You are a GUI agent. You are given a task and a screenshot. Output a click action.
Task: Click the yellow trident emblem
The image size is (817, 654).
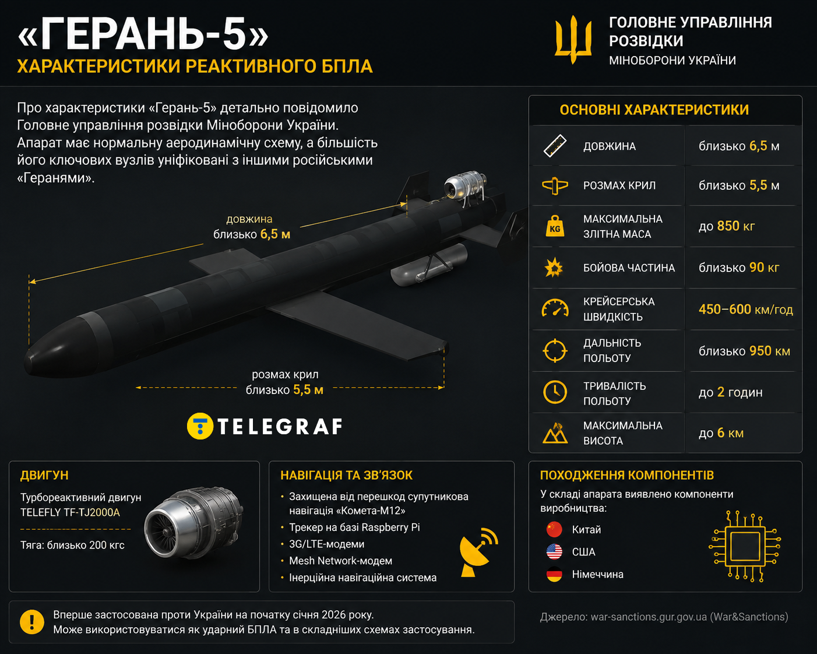tap(573, 40)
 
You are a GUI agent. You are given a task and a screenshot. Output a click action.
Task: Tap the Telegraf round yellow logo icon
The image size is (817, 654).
tap(200, 426)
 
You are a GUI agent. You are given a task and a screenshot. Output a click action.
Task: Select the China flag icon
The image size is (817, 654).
tap(554, 529)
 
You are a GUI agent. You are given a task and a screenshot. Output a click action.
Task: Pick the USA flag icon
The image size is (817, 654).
tap(554, 551)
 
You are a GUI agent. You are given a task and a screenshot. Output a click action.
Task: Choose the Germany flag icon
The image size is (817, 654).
tap(554, 574)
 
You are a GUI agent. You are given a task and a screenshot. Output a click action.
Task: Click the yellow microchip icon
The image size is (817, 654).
tap(745, 546)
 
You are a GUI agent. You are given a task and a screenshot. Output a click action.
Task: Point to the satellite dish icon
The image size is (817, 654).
tap(478, 553)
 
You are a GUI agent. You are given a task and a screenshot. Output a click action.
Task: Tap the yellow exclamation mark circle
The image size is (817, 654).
tap(32, 622)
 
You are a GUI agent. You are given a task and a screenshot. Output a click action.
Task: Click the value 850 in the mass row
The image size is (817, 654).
tap(728, 226)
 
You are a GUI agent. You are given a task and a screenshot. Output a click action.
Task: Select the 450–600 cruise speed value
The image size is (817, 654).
tap(725, 309)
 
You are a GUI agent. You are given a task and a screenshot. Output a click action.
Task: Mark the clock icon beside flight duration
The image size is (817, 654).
tap(555, 392)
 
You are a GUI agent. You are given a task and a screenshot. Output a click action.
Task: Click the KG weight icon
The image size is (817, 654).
tap(555, 226)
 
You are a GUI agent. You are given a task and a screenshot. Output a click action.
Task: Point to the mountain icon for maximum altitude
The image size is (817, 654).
tap(555, 433)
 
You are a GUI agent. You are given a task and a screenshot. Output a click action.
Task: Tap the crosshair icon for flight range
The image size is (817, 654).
tap(555, 350)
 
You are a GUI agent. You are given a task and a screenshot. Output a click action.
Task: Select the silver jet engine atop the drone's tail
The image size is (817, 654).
tap(465, 185)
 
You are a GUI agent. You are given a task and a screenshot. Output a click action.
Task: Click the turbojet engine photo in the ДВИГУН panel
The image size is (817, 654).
tap(193, 523)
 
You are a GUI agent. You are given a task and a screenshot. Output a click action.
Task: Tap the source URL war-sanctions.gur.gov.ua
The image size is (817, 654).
tap(649, 617)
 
